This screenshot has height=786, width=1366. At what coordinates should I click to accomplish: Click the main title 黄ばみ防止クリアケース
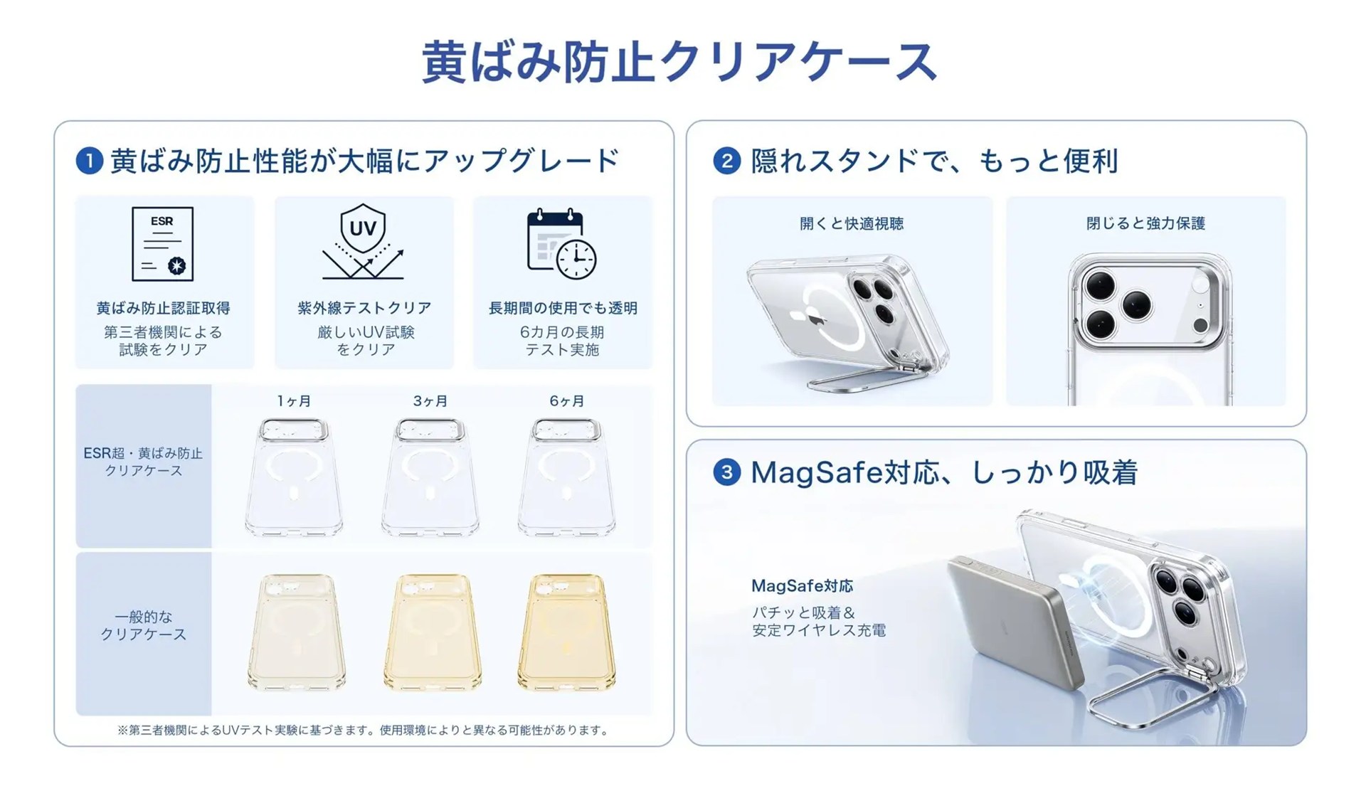pyautogui.click(x=679, y=61)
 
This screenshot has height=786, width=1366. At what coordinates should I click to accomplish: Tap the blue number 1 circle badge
pyautogui.click(x=90, y=161)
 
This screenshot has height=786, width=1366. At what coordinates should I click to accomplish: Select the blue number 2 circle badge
pyautogui.click(x=726, y=161)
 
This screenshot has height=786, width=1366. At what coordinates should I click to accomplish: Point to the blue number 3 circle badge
pyautogui.click(x=726, y=472)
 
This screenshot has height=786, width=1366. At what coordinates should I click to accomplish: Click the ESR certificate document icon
pyautogui.click(x=162, y=244)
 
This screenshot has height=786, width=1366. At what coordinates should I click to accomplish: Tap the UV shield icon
pyautogui.click(x=364, y=242)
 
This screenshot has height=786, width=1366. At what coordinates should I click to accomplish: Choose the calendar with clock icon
pyautogui.click(x=561, y=244)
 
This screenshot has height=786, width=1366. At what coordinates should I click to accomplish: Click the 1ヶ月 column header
pyautogui.click(x=294, y=401)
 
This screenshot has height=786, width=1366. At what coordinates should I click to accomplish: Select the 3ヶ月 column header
pyautogui.click(x=430, y=401)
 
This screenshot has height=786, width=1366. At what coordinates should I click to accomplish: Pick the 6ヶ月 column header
pyautogui.click(x=567, y=401)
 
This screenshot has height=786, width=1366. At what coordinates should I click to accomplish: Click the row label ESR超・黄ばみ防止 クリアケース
pyautogui.click(x=143, y=462)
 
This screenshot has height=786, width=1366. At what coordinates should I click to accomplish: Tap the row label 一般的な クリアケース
pyautogui.click(x=143, y=625)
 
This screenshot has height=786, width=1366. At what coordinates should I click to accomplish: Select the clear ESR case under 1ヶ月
pyautogui.click(x=294, y=477)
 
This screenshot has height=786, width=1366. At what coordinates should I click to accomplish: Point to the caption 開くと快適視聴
pyautogui.click(x=852, y=223)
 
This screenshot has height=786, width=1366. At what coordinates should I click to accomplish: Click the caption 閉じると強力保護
pyautogui.click(x=1145, y=223)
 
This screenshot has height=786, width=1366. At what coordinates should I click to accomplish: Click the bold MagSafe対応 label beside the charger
pyautogui.click(x=802, y=586)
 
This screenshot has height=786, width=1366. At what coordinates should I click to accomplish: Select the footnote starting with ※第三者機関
pyautogui.click(x=364, y=730)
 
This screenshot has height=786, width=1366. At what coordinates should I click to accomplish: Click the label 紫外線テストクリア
pyautogui.click(x=364, y=308)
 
